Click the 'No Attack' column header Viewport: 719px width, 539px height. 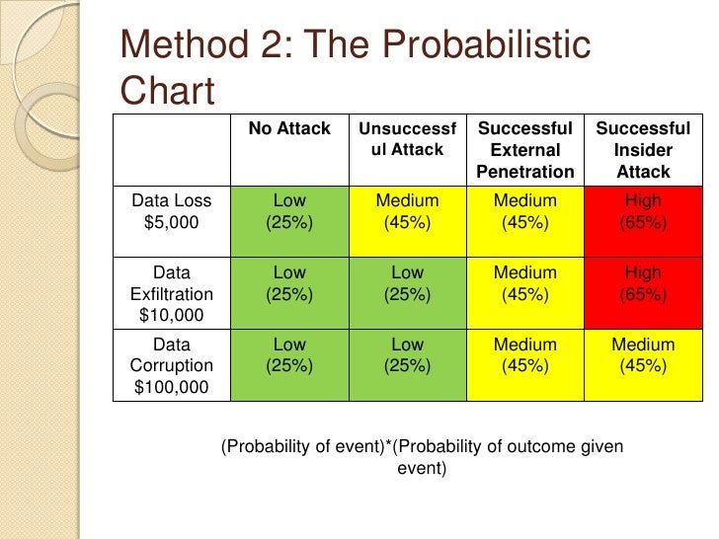[x=289, y=129]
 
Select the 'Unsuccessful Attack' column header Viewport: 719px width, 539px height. [x=407, y=139]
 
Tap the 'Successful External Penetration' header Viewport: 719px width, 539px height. [x=524, y=150]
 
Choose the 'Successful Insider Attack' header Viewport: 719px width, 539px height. [x=643, y=150]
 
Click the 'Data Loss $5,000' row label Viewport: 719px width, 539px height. [x=172, y=211]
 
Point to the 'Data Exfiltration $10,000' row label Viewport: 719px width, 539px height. [x=172, y=293]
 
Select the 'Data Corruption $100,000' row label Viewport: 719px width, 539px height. [x=172, y=366]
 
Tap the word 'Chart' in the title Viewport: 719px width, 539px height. [x=167, y=91]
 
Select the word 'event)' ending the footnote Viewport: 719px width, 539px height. [x=422, y=468]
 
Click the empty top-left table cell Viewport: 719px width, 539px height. [x=172, y=149]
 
